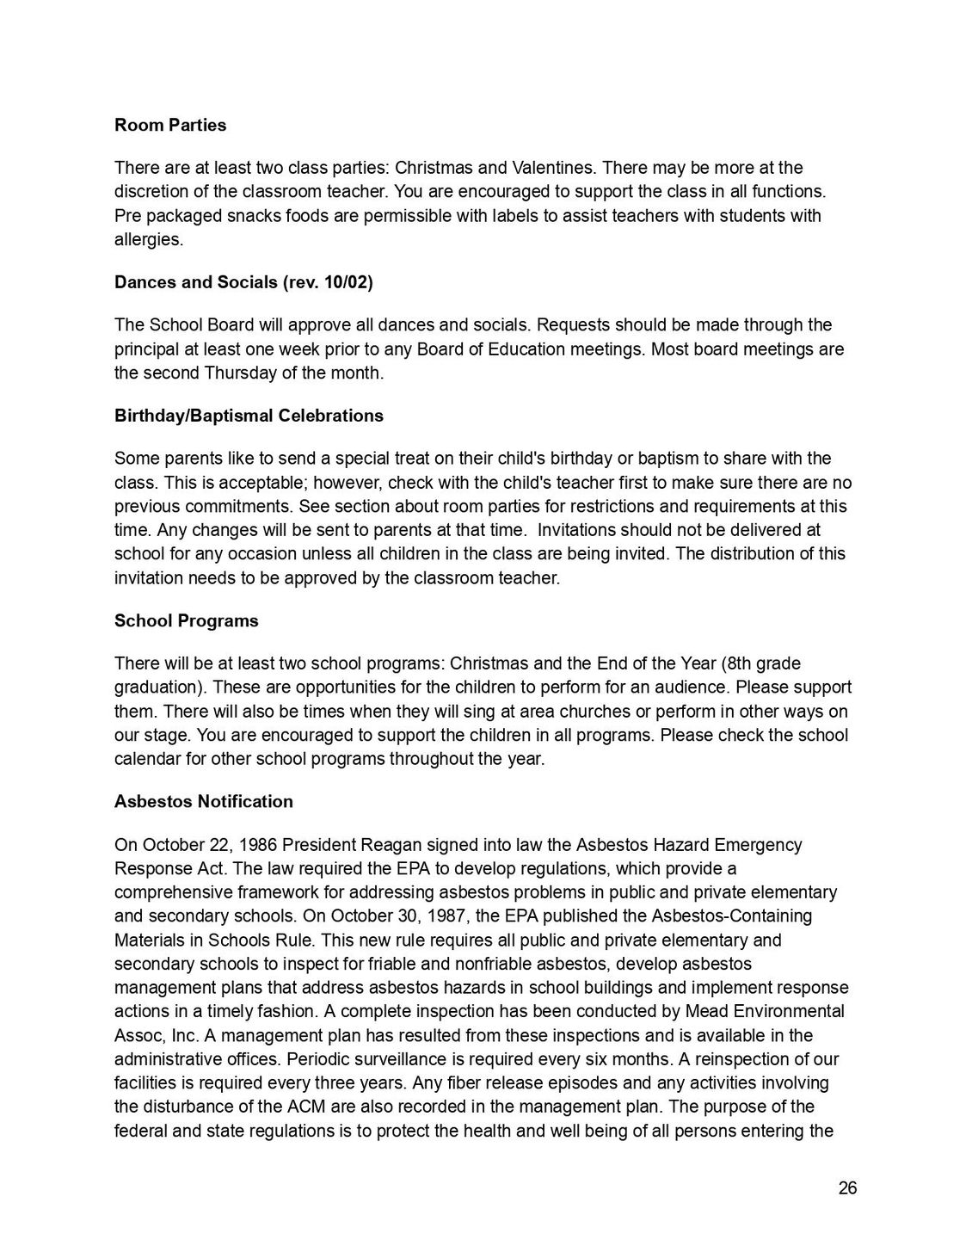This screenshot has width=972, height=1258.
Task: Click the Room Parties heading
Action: click(x=170, y=125)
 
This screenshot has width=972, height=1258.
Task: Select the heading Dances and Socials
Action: click(x=243, y=282)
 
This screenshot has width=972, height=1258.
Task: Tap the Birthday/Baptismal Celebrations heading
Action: click(x=249, y=416)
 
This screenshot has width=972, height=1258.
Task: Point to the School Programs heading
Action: click(x=186, y=620)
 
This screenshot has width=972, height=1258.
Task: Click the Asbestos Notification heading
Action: click(x=204, y=801)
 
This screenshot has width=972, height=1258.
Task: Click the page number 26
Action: click(x=847, y=1188)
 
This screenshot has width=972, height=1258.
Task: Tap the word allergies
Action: click(x=148, y=239)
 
